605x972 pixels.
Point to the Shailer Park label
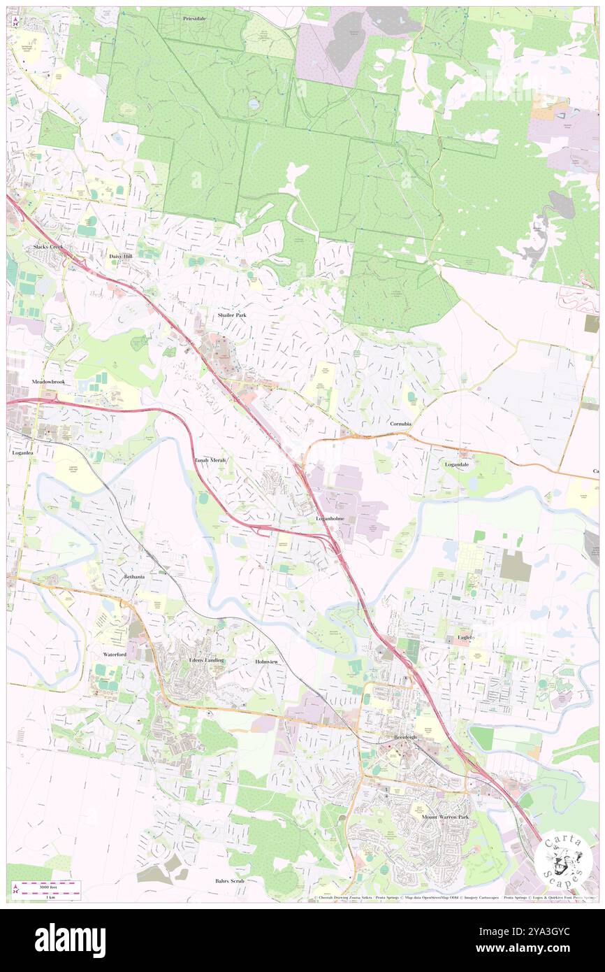pyautogui.click(x=232, y=315)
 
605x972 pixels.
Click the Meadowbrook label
pyautogui.click(x=48, y=383)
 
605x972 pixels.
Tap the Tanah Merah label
pyautogui.click(x=210, y=460)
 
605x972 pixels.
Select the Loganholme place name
pyautogui.click(x=330, y=518)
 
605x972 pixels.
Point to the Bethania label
pyautogui.click(x=134, y=577)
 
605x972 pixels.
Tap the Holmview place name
pyautogui.click(x=266, y=661)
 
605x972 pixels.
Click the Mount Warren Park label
pyautogui.click(x=445, y=817)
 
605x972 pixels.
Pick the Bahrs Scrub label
pyautogui.click(x=229, y=881)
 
